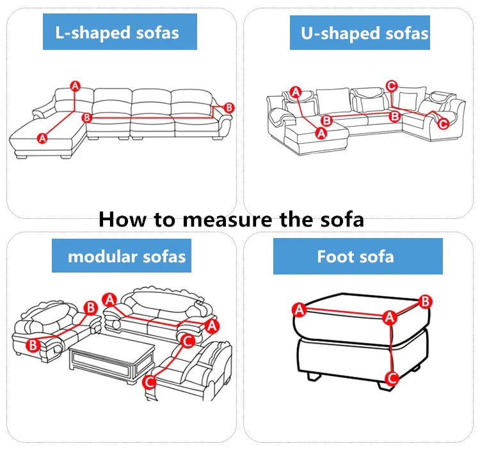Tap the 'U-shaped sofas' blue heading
[365, 33]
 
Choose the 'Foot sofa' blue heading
[355, 257]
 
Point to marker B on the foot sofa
[425, 301]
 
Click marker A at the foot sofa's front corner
[388, 317]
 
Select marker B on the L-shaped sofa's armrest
[229, 107]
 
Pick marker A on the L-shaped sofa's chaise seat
[43, 137]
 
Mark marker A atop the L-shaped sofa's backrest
[75, 86]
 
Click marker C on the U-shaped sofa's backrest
[392, 86]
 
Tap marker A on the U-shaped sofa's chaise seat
[321, 132]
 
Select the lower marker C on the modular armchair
[148, 382]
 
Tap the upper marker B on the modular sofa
[91, 308]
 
